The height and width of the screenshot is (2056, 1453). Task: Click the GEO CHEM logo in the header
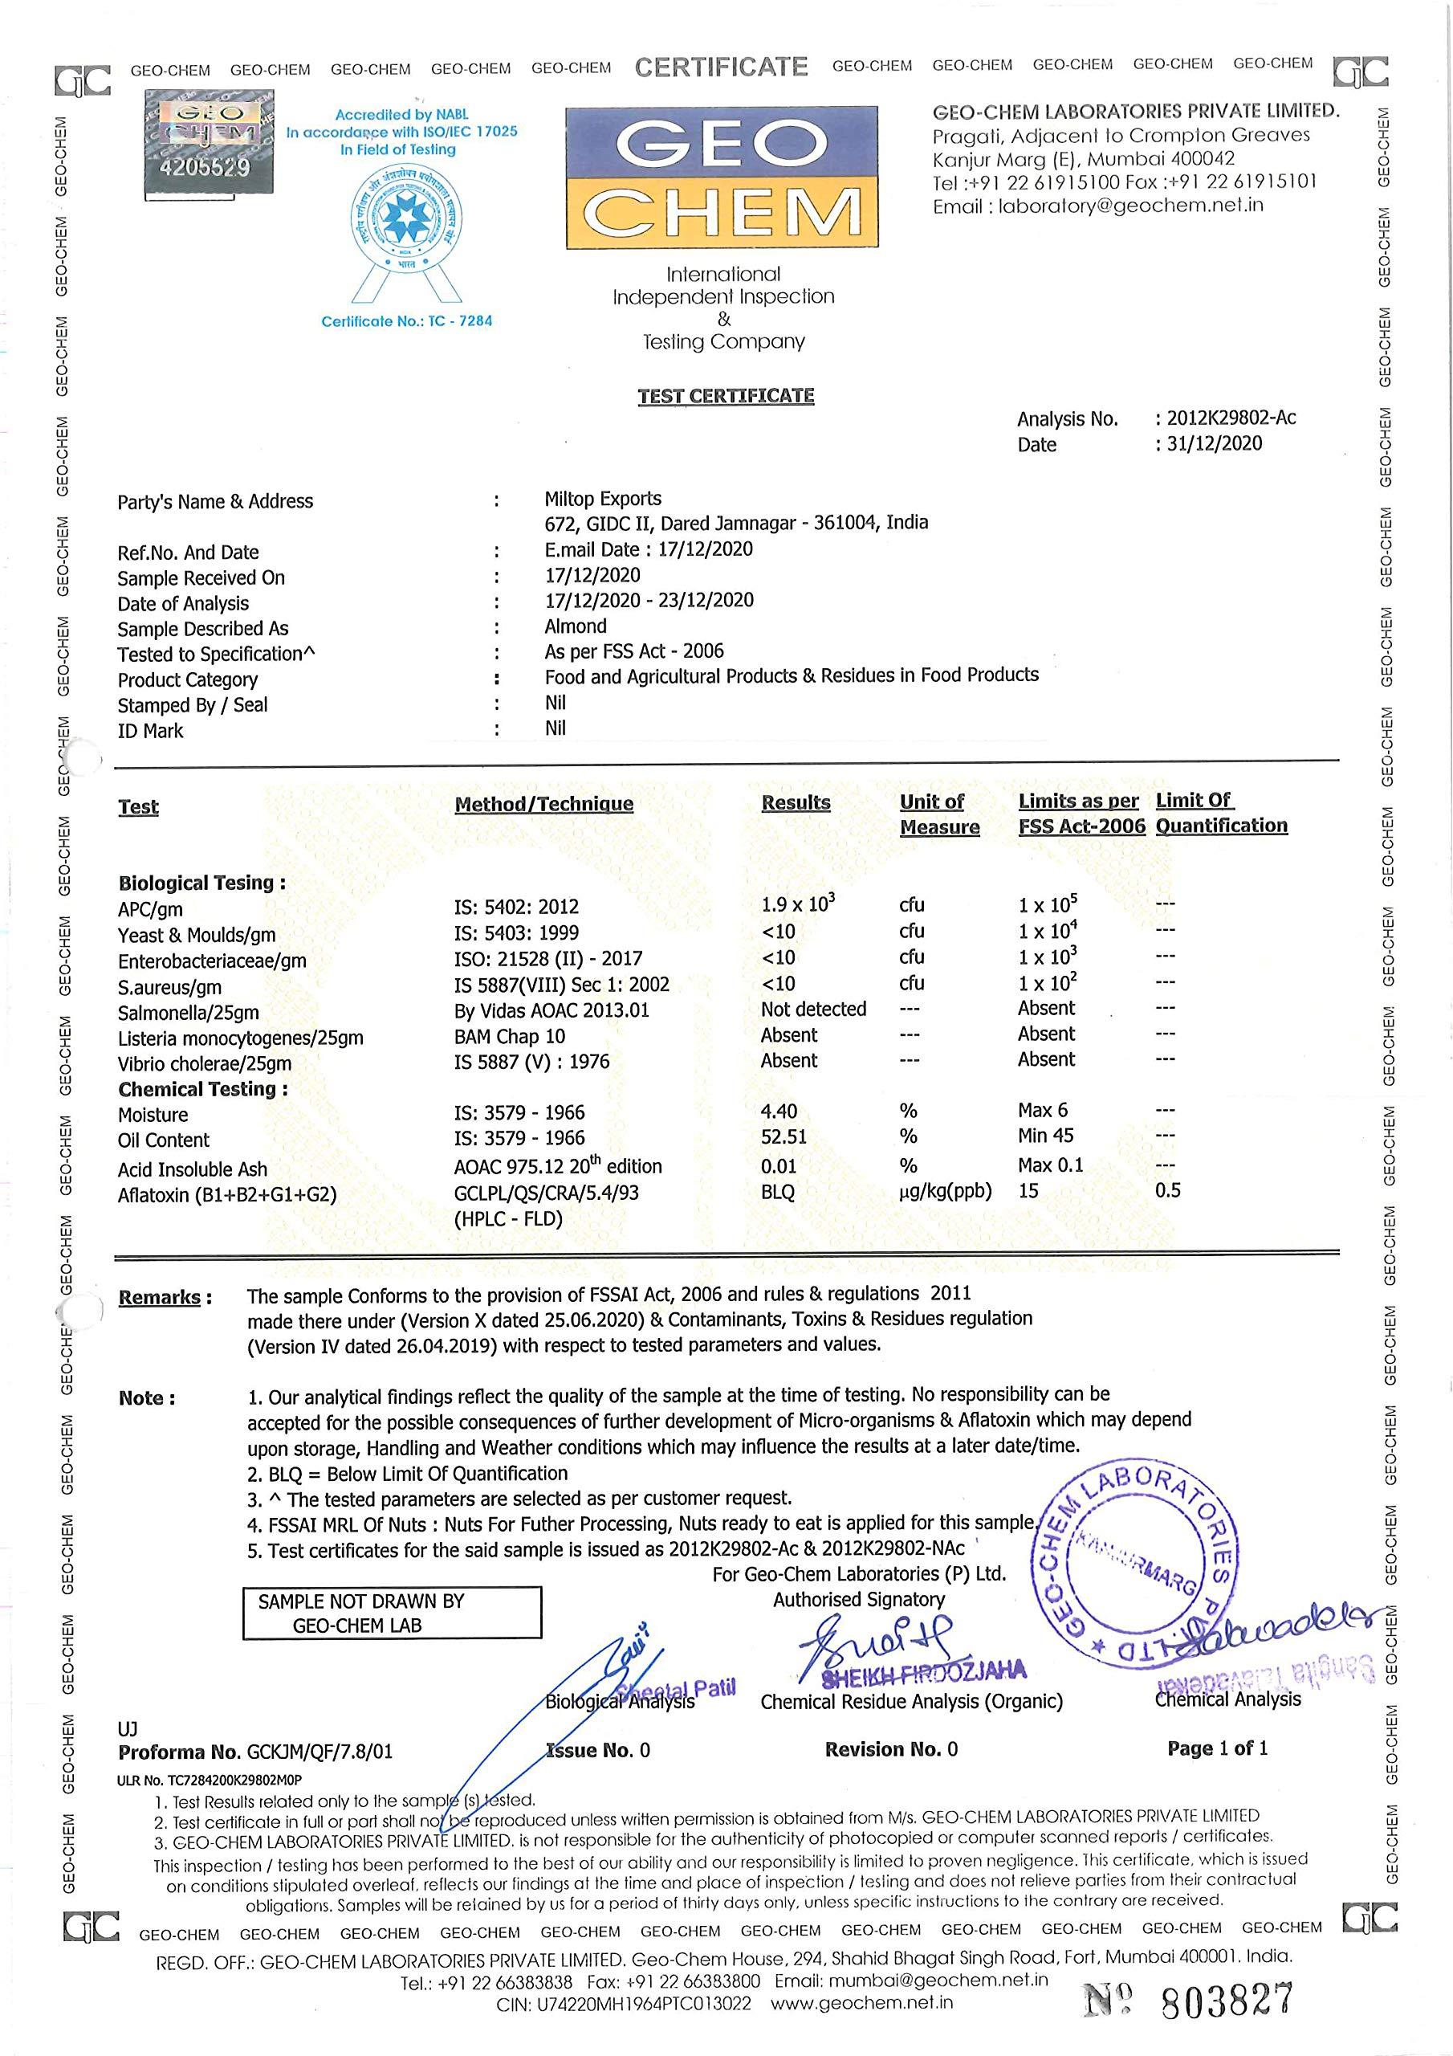click(722, 178)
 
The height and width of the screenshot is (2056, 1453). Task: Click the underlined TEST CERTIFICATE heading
click(725, 396)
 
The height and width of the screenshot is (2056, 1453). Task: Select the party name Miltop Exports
click(603, 499)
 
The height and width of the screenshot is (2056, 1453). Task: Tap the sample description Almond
click(575, 626)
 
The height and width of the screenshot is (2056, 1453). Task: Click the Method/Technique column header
click(543, 804)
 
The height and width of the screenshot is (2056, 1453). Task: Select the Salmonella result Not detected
click(813, 1010)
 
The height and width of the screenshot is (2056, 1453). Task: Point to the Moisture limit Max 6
click(1042, 1111)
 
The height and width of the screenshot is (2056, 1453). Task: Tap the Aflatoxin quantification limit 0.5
click(1167, 1190)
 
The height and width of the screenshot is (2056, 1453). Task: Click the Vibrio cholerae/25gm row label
click(205, 1064)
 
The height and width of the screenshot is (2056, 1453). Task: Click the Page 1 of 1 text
click(1217, 1749)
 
